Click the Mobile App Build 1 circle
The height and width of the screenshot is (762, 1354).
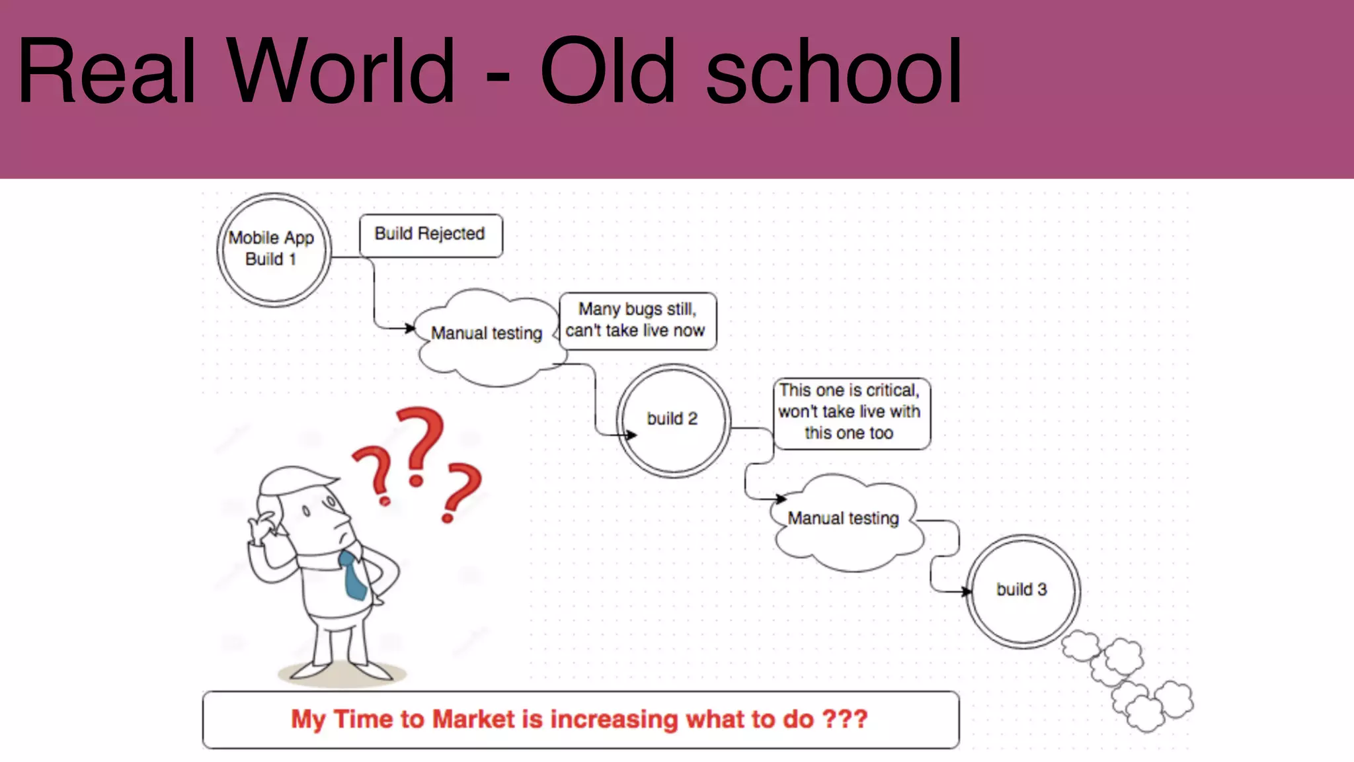pyautogui.click(x=274, y=249)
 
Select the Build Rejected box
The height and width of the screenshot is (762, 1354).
pyautogui.click(x=430, y=235)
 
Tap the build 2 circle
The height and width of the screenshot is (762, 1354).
pyautogui.click(x=673, y=420)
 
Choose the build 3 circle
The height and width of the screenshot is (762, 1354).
pyautogui.click(x=1022, y=590)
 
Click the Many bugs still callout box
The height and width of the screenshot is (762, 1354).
pyautogui.click(x=637, y=320)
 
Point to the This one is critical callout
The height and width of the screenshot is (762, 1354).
pyautogui.click(x=851, y=413)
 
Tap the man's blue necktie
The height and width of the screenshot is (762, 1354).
pyautogui.click(x=354, y=575)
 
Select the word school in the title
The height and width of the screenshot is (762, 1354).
pyautogui.click(x=834, y=71)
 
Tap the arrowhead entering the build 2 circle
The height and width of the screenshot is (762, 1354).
pyautogui.click(x=631, y=435)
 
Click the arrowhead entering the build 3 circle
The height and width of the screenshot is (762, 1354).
pyautogui.click(x=967, y=591)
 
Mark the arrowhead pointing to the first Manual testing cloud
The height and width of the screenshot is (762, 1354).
pyautogui.click(x=410, y=327)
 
